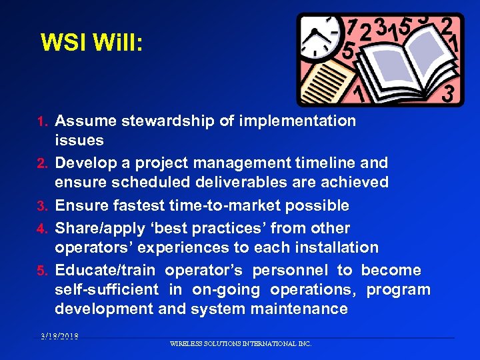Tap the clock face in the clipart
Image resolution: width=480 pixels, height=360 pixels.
pos(318,37)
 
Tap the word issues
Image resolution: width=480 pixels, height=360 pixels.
pos(79,140)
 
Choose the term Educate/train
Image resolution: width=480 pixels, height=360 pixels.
pos(105,270)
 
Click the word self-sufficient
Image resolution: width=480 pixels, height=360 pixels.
pos(107,289)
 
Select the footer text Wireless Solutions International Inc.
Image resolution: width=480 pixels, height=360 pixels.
pos(241,344)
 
